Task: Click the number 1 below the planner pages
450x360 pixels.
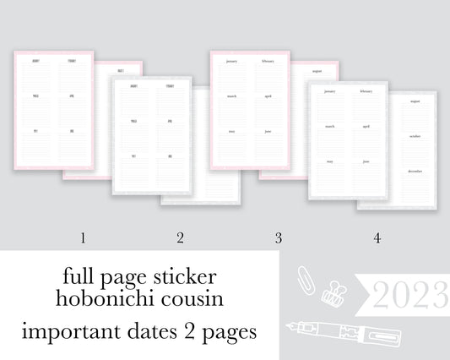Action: tap(83, 238)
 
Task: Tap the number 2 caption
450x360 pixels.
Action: tap(180, 238)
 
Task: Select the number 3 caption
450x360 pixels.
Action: tap(278, 238)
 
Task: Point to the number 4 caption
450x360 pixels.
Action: tap(377, 238)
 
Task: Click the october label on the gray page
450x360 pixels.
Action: tap(415, 136)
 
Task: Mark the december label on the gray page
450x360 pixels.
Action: tap(415, 171)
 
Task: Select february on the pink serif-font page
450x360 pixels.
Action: tap(268, 62)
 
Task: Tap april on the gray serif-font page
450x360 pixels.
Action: tap(366, 126)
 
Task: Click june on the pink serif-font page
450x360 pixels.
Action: tap(268, 131)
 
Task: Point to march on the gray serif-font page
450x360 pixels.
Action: tap(329, 126)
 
